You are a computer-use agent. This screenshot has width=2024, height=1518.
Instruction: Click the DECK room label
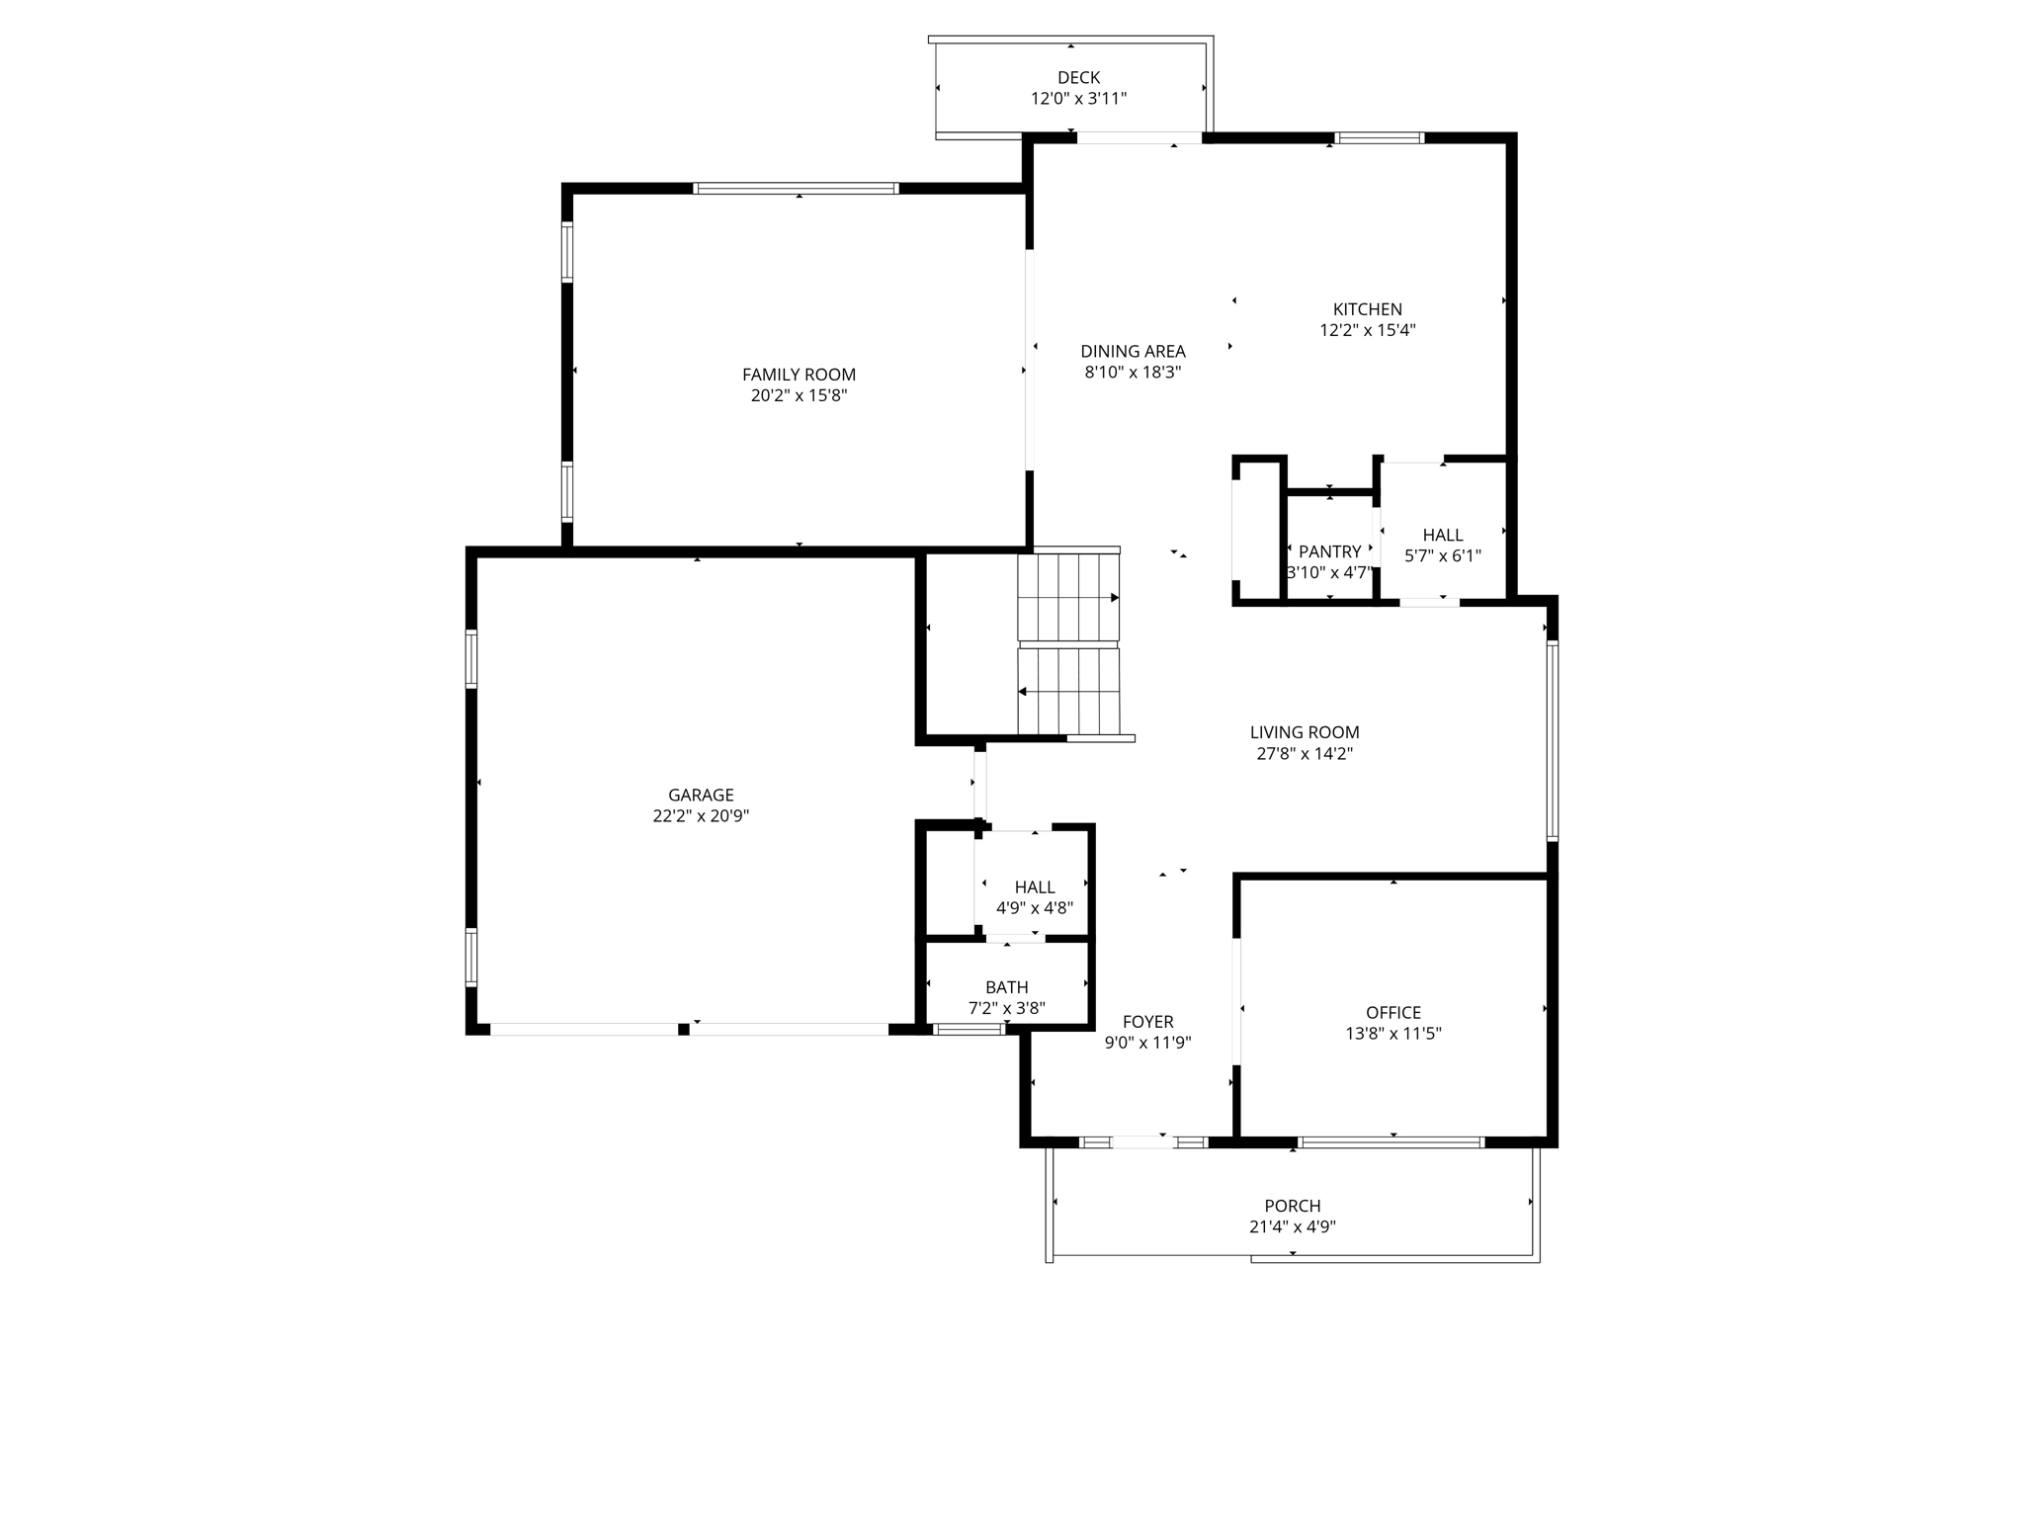[x=1078, y=77]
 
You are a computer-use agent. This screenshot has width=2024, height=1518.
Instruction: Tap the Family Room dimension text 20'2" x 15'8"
[x=799, y=395]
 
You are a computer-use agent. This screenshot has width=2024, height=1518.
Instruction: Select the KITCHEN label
[x=1367, y=309]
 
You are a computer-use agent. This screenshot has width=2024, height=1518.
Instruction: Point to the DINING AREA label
[x=1133, y=351]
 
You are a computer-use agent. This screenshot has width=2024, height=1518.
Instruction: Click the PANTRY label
[x=1329, y=551]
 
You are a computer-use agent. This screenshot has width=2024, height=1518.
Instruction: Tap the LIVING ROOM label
[x=1304, y=732]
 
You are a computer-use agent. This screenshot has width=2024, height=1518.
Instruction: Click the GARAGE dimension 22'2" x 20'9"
[x=701, y=816]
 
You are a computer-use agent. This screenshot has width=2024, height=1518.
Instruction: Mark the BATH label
[x=1006, y=987]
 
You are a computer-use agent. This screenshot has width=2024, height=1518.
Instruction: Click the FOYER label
[x=1147, y=1022]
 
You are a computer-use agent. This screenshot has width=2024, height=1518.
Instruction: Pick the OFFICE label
[x=1392, y=1012]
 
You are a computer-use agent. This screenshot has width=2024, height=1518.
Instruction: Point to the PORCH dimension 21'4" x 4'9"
[x=1292, y=1227]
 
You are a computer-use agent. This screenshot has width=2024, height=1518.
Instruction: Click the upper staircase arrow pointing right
[x=1113, y=598]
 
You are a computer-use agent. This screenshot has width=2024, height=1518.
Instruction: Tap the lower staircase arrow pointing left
[x=1024, y=692]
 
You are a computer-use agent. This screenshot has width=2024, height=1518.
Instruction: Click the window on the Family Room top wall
[x=796, y=188]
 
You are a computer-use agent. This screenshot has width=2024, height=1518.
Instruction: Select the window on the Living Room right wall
[x=1552, y=740]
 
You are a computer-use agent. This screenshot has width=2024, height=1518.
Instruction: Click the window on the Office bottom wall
[x=1391, y=1142]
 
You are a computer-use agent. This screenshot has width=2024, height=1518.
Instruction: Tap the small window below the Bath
[x=969, y=1030]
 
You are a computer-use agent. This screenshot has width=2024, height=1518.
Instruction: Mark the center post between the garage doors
[x=683, y=1030]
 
